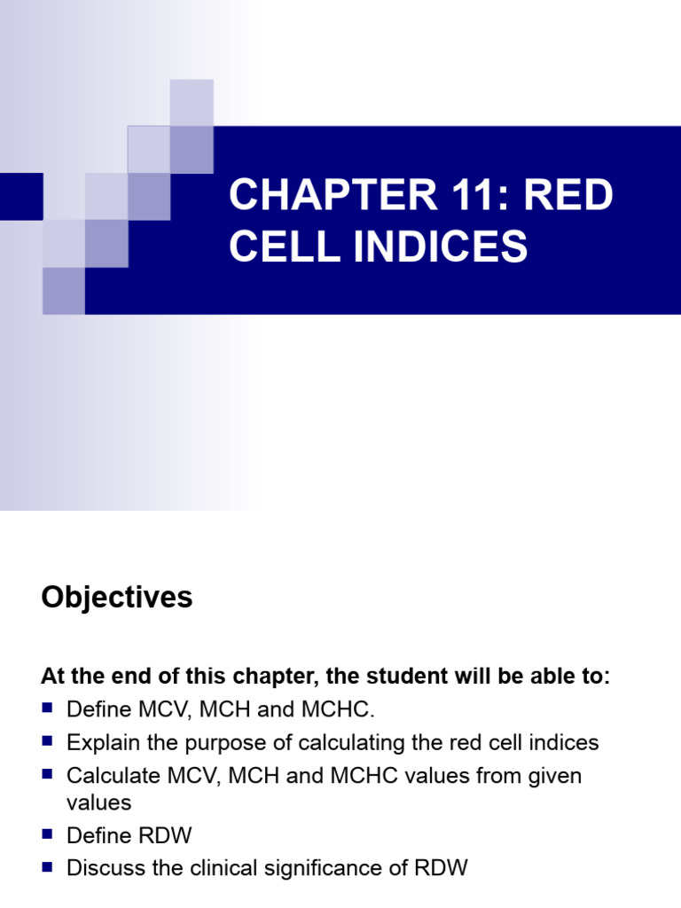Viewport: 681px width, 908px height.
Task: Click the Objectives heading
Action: (x=116, y=598)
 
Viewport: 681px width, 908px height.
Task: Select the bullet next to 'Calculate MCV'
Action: (x=48, y=774)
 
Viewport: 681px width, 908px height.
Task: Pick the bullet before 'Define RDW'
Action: (x=48, y=835)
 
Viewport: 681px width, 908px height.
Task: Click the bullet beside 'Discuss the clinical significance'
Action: (x=48, y=867)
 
